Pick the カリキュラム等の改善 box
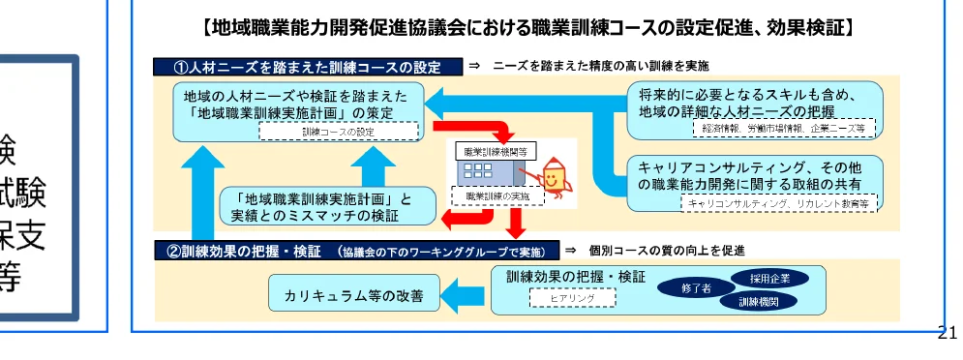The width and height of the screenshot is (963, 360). pyautogui.click(x=353, y=295)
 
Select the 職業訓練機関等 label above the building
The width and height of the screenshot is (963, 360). pyautogui.click(x=495, y=152)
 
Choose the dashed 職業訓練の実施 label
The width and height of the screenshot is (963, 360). pyautogui.click(x=497, y=195)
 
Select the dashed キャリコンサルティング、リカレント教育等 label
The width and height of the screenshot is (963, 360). pyautogui.click(x=779, y=203)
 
